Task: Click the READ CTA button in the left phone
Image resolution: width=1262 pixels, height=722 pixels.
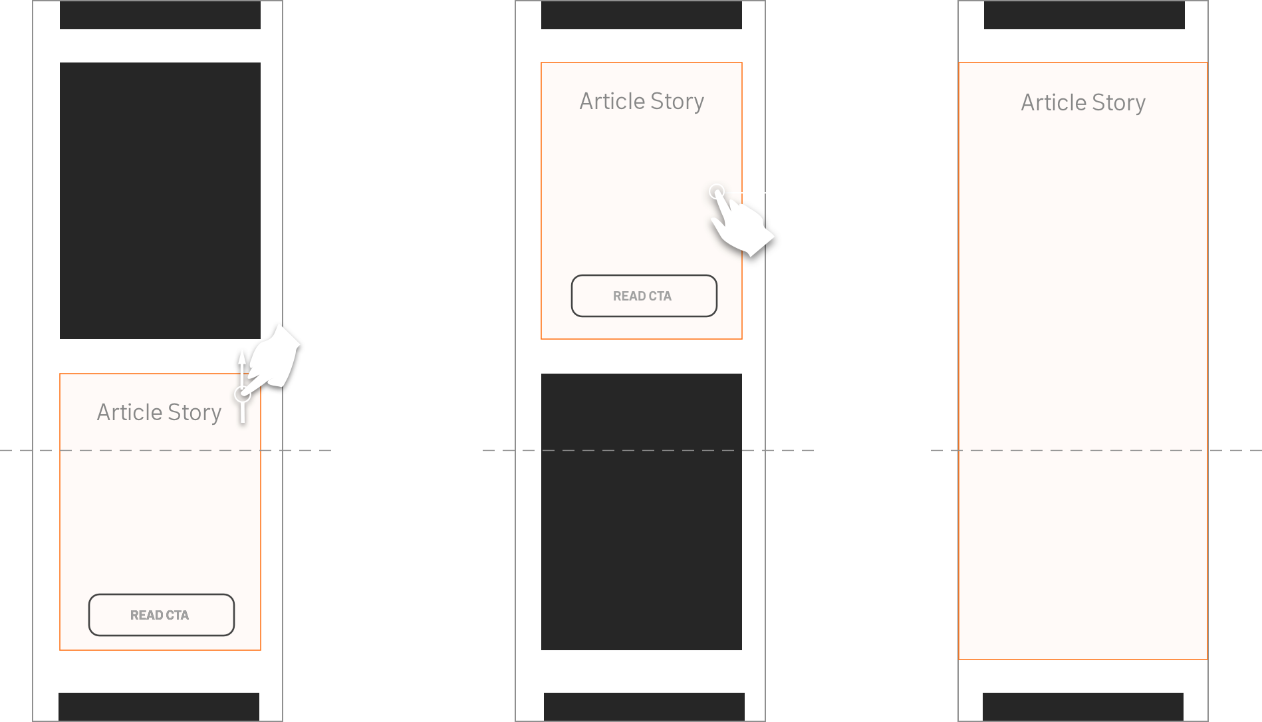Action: point(161,615)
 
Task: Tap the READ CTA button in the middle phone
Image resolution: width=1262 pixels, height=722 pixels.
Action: point(644,296)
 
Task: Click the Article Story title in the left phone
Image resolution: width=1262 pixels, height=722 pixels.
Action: point(159,412)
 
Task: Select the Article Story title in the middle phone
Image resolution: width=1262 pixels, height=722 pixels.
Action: point(642,101)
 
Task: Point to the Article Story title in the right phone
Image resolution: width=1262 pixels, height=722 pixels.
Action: point(1083,102)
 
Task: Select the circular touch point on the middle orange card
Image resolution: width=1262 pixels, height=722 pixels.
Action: point(716,192)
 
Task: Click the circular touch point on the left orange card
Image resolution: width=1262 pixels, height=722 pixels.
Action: point(243,394)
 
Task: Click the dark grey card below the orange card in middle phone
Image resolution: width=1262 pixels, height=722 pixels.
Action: point(642,512)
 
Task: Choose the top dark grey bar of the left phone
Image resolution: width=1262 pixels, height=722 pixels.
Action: point(160,15)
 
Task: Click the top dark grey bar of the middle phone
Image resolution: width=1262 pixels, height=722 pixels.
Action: point(642,15)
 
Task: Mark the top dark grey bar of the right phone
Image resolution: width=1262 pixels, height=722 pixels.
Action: point(1084,15)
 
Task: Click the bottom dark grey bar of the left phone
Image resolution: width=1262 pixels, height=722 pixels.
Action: point(159,706)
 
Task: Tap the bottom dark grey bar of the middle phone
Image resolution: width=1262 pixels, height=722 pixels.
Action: point(644,706)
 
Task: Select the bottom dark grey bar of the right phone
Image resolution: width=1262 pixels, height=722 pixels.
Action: point(1083,706)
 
